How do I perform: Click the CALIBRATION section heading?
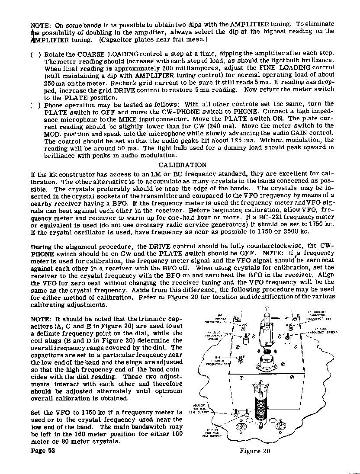pyautogui.click(x=182, y=165)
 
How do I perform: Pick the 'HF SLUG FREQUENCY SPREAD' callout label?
pyautogui.click(x=214, y=336)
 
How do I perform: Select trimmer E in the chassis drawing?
pyautogui.click(x=241, y=359)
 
